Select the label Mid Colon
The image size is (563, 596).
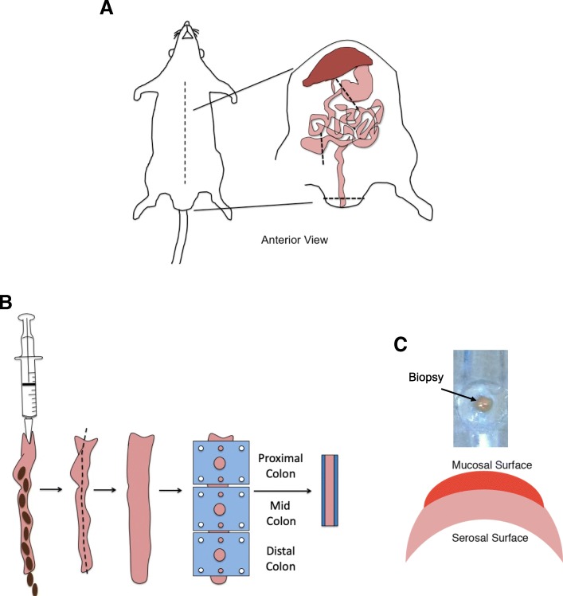coord(277,513)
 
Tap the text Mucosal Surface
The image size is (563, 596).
coord(479,464)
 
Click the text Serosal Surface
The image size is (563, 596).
coord(480,539)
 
